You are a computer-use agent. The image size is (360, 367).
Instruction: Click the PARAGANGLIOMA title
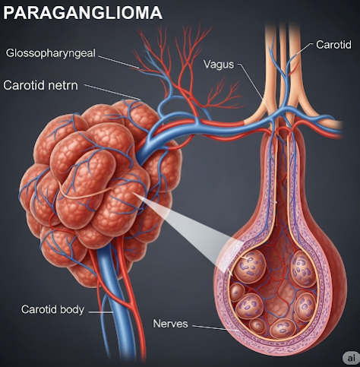(x=83, y=12)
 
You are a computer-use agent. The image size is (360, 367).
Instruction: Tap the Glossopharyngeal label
(x=51, y=53)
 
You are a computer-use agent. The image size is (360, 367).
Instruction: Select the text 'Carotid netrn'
(x=40, y=85)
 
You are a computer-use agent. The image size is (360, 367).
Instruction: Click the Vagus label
(x=219, y=64)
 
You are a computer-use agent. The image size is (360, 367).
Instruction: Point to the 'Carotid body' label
(x=52, y=309)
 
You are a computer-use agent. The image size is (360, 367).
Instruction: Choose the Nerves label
(x=170, y=324)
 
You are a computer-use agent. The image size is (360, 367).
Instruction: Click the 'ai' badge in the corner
(x=351, y=358)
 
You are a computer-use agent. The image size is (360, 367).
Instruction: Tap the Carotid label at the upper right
(x=333, y=45)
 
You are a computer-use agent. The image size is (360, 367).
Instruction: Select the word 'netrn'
(x=65, y=85)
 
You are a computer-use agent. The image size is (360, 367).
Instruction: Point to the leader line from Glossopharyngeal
(x=119, y=62)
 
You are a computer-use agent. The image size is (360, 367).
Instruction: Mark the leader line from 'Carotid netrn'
(x=112, y=92)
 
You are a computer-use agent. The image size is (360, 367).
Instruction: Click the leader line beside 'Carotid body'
(x=101, y=312)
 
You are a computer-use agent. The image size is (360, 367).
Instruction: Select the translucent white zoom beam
(x=188, y=230)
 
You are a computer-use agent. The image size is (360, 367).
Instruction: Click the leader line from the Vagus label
(x=254, y=87)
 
